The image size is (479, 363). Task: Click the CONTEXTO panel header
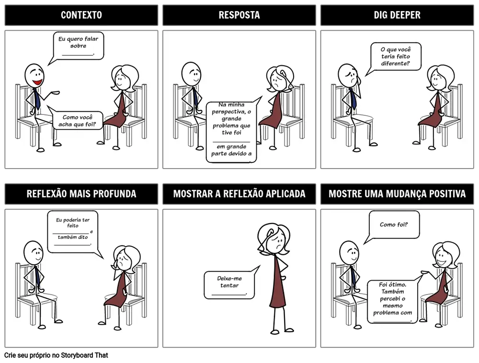(x=81, y=15)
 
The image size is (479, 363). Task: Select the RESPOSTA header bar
(x=239, y=15)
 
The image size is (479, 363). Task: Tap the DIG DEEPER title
(x=397, y=15)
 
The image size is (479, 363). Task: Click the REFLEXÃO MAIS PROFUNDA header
(x=81, y=194)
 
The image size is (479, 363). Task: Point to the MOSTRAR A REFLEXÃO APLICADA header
(x=239, y=194)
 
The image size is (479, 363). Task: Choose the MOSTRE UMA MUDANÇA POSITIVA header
(x=397, y=194)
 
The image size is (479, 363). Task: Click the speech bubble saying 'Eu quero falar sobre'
(x=78, y=46)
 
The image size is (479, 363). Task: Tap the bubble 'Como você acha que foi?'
(x=77, y=121)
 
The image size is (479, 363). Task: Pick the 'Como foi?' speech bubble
(x=394, y=225)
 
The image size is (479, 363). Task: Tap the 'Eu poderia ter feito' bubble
(x=73, y=231)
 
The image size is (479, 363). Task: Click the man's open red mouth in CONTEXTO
(x=37, y=82)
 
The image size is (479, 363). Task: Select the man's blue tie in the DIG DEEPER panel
(x=353, y=98)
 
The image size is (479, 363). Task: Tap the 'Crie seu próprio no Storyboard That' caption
(x=56, y=355)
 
